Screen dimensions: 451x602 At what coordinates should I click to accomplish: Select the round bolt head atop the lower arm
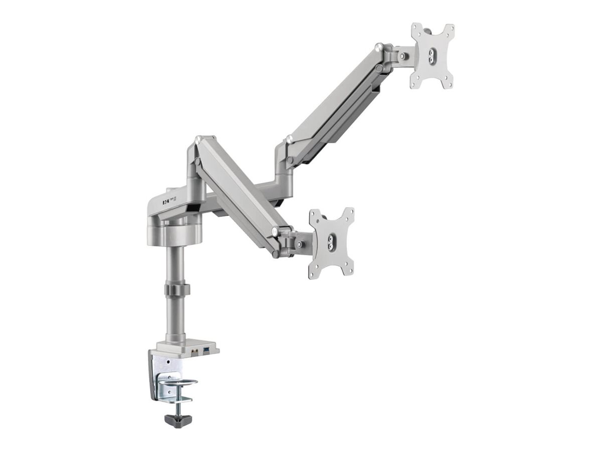tap(199, 139)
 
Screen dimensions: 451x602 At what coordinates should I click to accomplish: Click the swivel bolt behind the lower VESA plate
tap(299, 245)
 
